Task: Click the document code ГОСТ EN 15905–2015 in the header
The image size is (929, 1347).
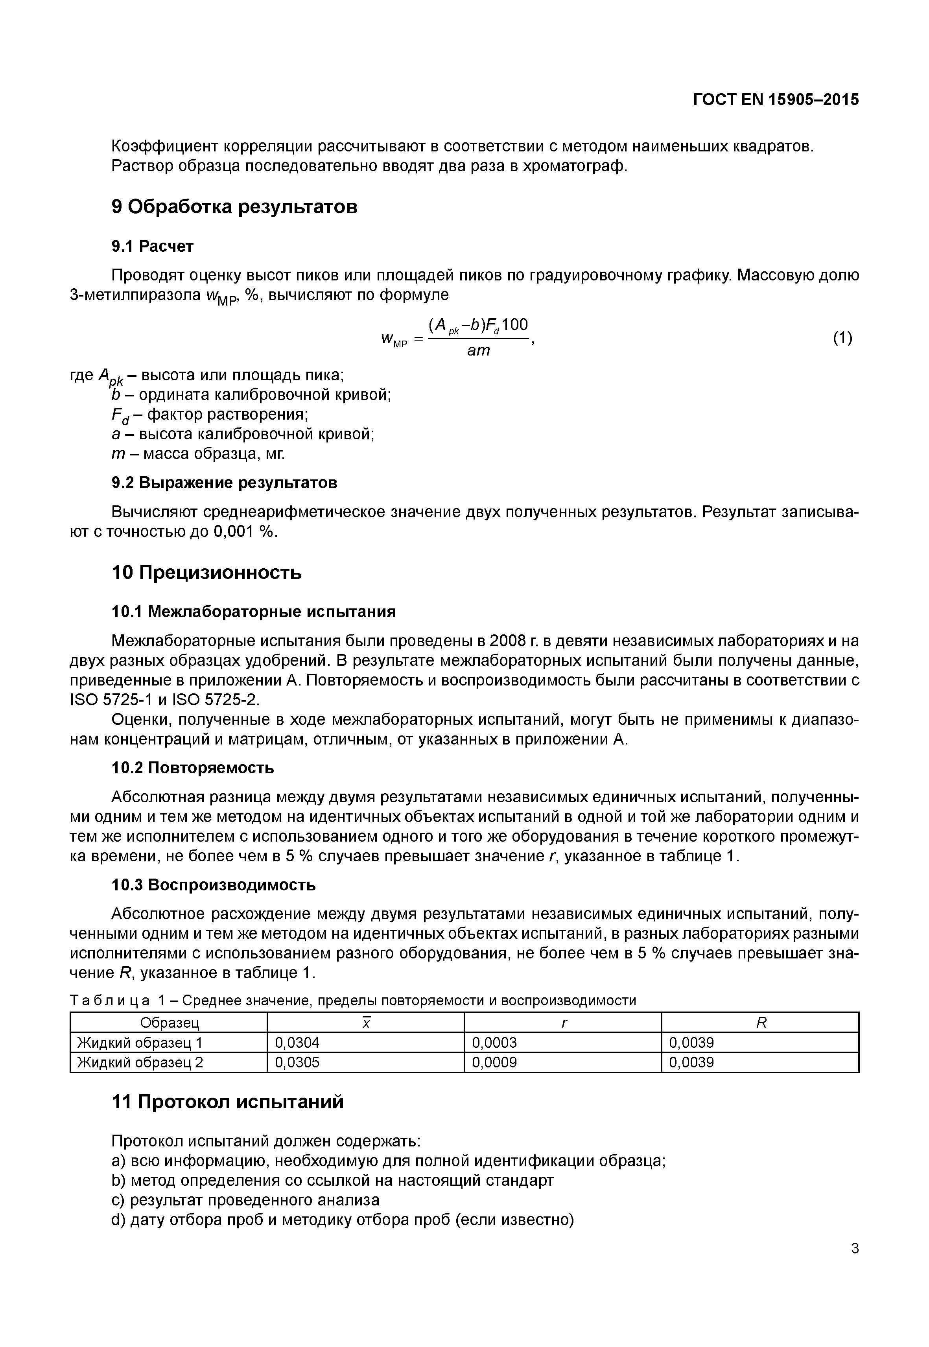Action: coord(775,100)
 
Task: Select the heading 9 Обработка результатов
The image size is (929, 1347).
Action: coord(234,206)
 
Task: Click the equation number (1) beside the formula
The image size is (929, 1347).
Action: coord(842,337)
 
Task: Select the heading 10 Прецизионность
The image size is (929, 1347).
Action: coord(206,573)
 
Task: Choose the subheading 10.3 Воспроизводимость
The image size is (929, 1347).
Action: coord(213,885)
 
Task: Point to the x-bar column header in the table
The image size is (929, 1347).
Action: coord(366,1023)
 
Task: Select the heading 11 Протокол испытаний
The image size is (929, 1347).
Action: coord(228,1102)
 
